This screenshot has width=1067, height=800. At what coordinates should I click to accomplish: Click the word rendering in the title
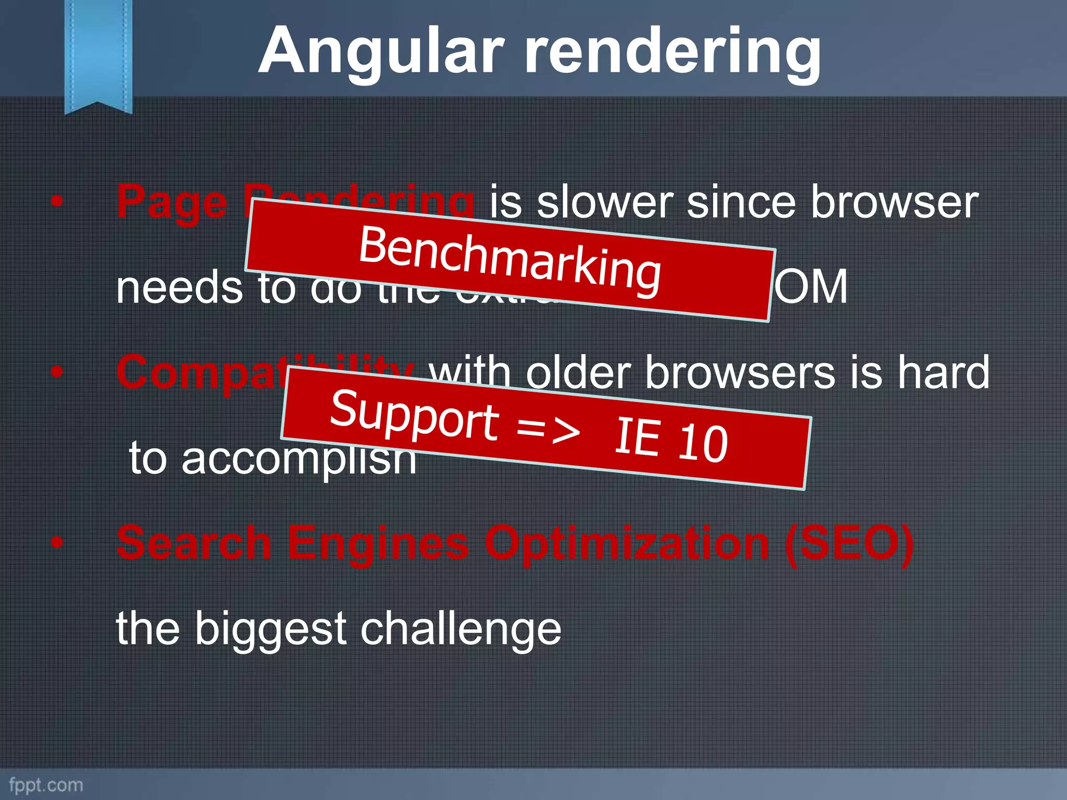(x=672, y=52)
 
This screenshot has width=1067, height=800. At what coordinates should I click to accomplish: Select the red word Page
(x=172, y=202)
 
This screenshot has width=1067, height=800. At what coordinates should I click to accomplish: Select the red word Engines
(x=378, y=543)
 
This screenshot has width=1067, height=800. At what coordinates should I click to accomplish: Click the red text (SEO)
(x=849, y=543)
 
